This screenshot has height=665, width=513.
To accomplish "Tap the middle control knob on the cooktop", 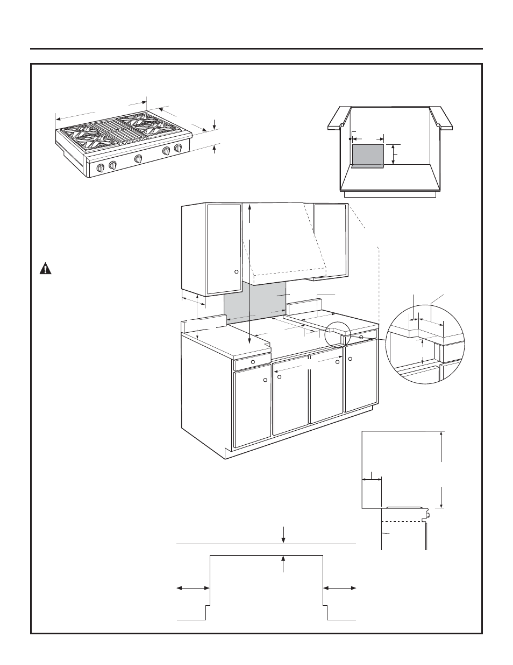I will tap(138, 159).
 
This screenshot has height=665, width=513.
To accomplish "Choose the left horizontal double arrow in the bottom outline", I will tap(193, 589).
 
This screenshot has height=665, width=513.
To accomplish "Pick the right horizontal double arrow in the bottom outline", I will tap(339, 589).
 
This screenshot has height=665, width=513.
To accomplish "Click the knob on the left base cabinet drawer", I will tap(253, 360).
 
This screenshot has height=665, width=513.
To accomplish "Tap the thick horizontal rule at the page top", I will tap(256, 48).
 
